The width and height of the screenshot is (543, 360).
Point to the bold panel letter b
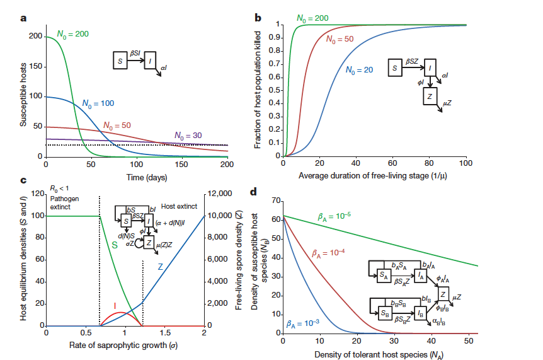[x=258, y=18]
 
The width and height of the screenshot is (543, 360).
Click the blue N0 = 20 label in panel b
[x=360, y=70]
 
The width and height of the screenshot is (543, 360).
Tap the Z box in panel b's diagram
[x=430, y=95]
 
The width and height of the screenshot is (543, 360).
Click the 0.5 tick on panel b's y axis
[x=275, y=90]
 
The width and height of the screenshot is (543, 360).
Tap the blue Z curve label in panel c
[x=161, y=268]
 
